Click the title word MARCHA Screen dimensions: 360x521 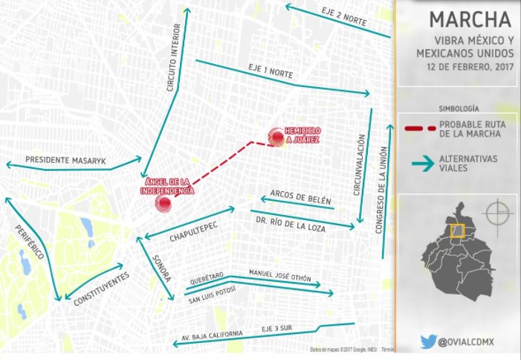pos(470,19)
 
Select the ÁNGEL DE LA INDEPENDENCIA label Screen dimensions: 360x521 pos(166,186)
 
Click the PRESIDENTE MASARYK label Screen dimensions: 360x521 pos(66,160)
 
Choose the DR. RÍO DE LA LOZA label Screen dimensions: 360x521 pos(291,224)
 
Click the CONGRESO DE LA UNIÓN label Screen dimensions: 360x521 pos(381,190)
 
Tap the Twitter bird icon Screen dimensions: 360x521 pos(428,341)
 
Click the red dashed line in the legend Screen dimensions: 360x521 pos(419,129)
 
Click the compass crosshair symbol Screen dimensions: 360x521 pos(497,214)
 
